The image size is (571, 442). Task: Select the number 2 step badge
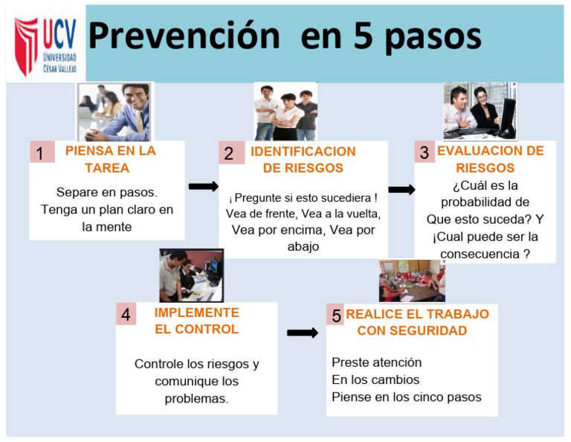[x=230, y=153]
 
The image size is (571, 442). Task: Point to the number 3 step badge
[x=425, y=153]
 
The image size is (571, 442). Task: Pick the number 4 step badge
[x=126, y=315]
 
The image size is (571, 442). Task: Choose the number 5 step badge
[x=337, y=316]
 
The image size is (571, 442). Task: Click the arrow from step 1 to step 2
[x=203, y=186]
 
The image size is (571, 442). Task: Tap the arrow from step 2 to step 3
[x=401, y=190]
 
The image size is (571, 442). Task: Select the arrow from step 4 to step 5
[x=302, y=333]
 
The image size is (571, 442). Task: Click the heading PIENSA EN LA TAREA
[x=111, y=158]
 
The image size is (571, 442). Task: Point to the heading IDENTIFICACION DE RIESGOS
[x=303, y=159]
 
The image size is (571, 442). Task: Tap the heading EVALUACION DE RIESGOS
[x=491, y=158]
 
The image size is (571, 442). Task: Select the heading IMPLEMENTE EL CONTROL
[x=197, y=321]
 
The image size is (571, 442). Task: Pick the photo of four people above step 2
[x=285, y=112]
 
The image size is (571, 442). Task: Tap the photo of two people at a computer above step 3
[x=480, y=112]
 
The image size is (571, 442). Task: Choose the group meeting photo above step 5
[x=412, y=281]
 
